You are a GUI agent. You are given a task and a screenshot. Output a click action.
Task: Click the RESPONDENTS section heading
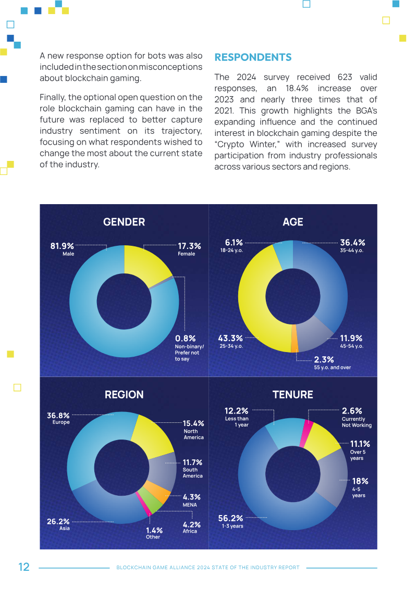(253, 57)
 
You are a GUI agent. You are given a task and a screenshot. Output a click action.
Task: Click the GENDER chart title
(124, 222)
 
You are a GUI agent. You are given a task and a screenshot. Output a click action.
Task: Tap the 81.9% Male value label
(62, 246)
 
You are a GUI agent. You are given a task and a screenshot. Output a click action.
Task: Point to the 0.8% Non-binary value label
(185, 338)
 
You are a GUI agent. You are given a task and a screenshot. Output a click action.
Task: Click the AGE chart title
(293, 222)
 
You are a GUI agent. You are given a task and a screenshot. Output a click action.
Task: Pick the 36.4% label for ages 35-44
(352, 243)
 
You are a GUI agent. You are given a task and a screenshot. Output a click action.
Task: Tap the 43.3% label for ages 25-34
(230, 338)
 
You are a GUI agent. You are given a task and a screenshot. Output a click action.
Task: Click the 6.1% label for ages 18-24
(234, 242)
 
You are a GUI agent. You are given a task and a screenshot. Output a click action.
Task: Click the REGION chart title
(124, 395)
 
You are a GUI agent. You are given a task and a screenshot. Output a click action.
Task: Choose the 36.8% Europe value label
(58, 416)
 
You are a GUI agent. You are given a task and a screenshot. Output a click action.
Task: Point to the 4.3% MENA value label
(192, 497)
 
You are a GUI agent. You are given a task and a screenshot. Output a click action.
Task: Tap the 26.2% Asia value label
(58, 521)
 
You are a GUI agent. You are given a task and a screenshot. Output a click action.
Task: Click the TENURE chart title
(293, 395)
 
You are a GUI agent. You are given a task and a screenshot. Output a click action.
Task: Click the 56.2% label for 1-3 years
(230, 518)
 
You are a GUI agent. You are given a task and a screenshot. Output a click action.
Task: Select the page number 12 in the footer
(24, 567)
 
